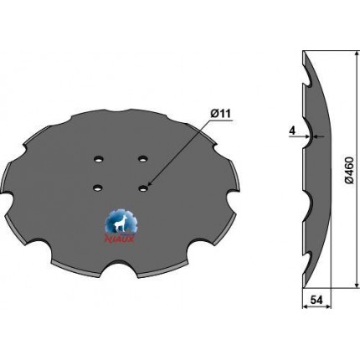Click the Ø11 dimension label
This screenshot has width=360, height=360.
(x=219, y=114)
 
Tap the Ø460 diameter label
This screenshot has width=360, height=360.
(x=350, y=170)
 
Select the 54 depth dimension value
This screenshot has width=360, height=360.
(x=316, y=300)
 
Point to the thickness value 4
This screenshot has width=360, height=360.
(x=292, y=131)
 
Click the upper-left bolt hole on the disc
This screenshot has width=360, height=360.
(x=98, y=159)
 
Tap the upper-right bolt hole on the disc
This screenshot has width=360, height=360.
(x=142, y=159)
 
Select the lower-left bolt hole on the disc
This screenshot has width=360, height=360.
(x=98, y=188)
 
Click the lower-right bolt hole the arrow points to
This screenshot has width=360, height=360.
(x=143, y=188)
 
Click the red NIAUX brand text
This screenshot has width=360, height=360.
(x=120, y=239)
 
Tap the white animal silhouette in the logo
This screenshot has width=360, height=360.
(x=121, y=224)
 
